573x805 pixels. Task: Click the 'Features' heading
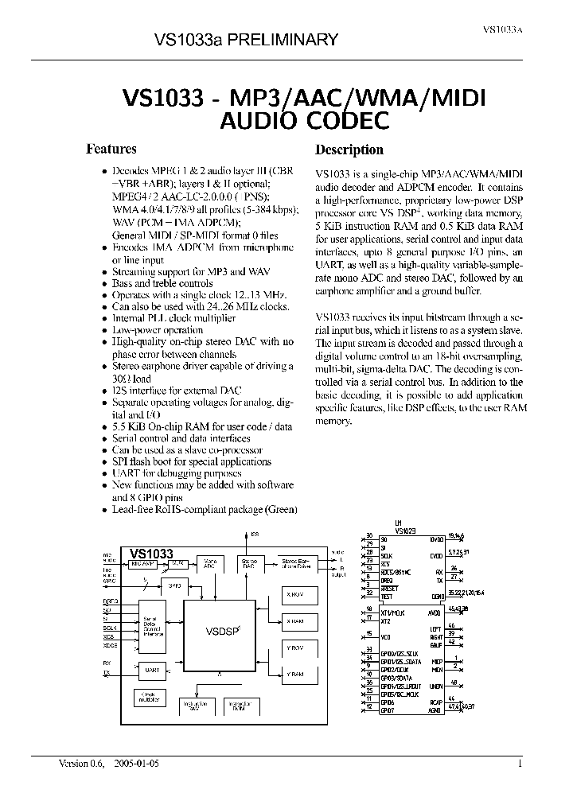click(111, 149)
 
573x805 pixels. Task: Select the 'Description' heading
click(349, 150)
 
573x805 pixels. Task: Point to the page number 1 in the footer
click(520, 764)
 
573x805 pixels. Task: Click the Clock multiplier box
click(149, 698)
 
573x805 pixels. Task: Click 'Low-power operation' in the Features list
click(158, 329)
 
